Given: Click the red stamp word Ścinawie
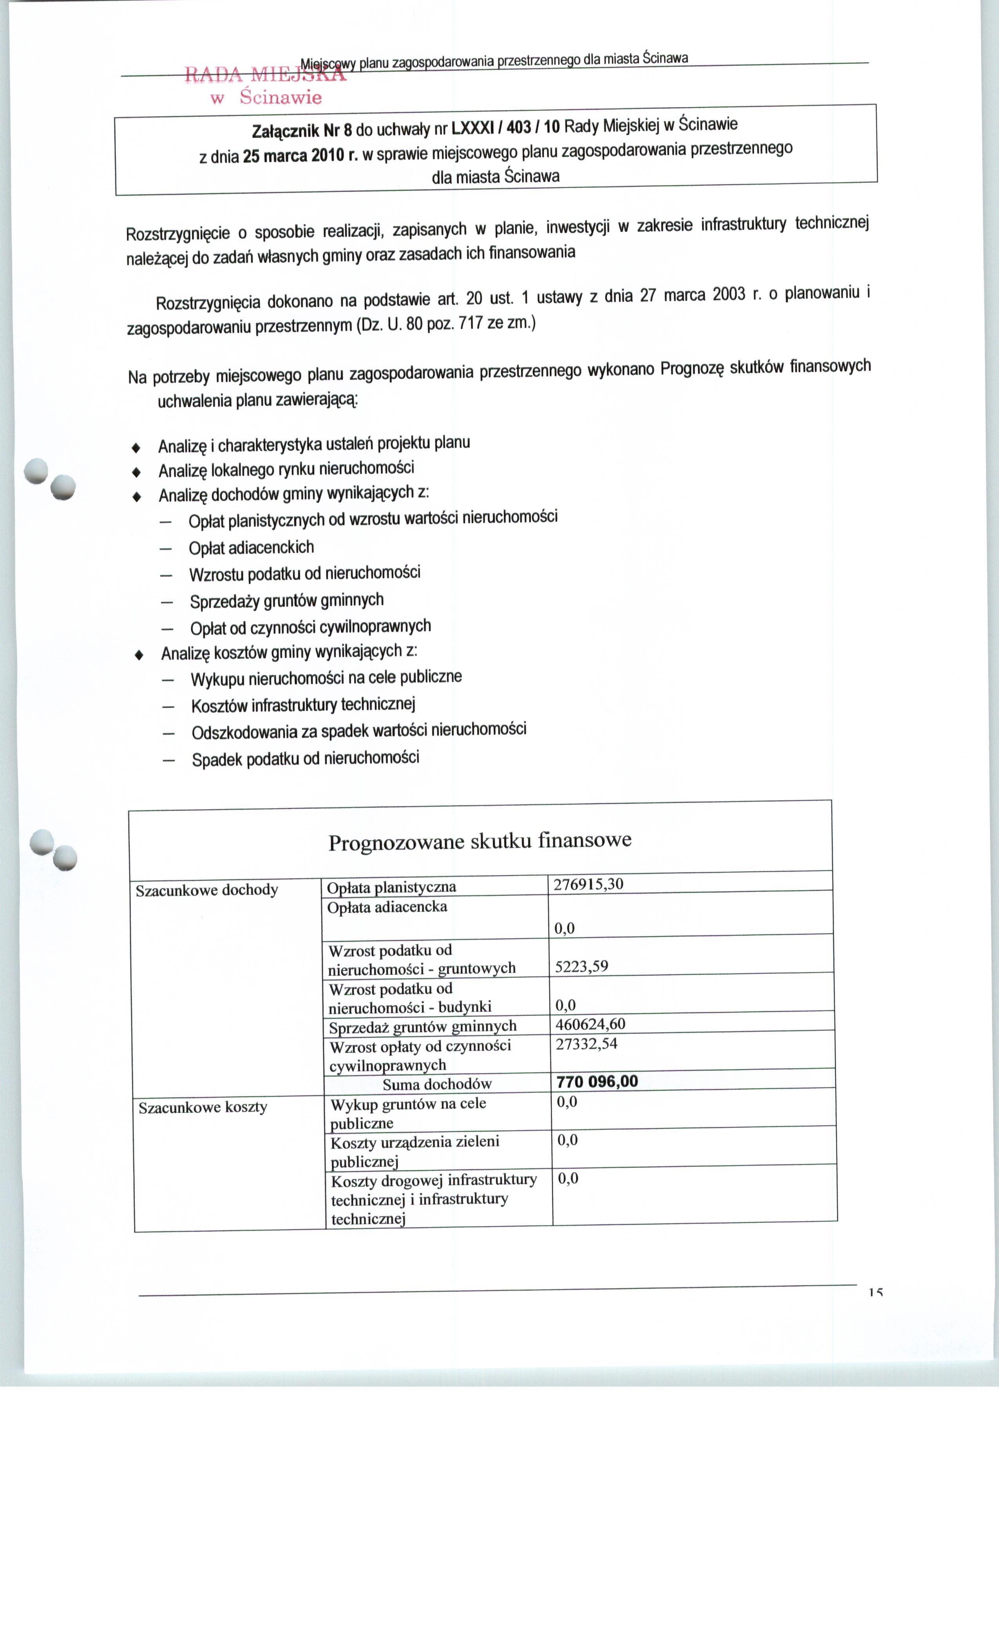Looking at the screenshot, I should (x=281, y=98).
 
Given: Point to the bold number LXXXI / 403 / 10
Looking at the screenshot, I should (x=505, y=126).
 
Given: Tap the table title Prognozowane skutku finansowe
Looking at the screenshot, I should (x=480, y=840).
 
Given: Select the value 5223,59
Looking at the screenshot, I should (x=582, y=966).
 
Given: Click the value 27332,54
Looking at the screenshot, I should (x=586, y=1043).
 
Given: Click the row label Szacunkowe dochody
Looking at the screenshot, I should (x=206, y=890).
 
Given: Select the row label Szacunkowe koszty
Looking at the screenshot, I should (x=202, y=1107).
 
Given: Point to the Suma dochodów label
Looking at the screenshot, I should (x=437, y=1084).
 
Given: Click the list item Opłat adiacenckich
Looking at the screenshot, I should (x=251, y=548).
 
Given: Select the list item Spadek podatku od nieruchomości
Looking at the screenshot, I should (x=305, y=759).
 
